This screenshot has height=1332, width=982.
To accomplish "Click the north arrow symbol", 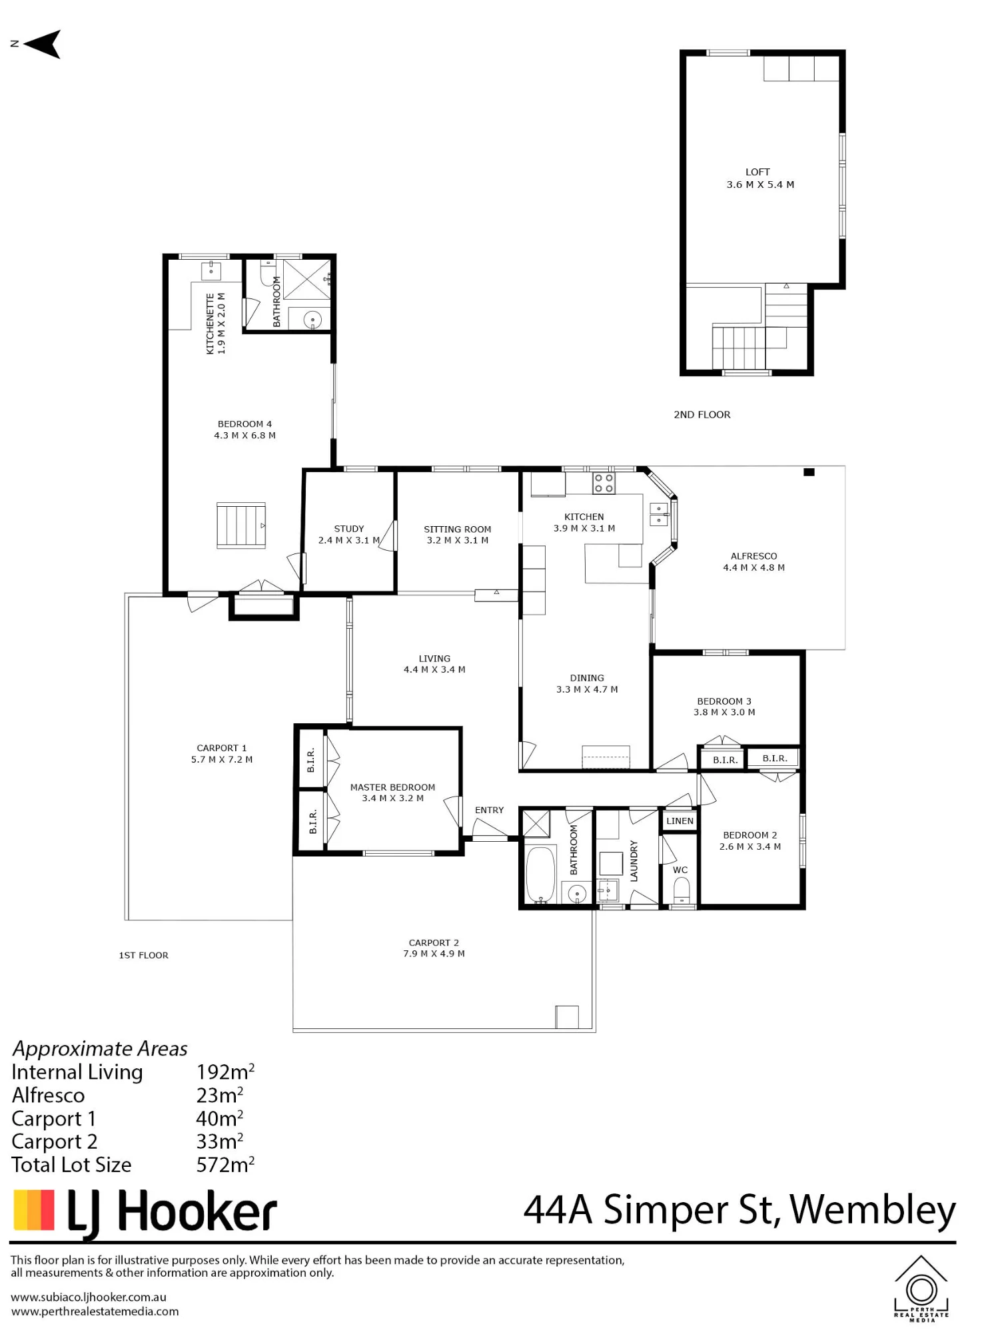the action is click(41, 44).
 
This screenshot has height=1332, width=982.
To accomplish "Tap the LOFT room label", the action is click(757, 172).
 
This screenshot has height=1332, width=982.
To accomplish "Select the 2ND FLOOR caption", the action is click(702, 414).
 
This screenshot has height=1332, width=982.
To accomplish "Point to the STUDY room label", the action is click(349, 529).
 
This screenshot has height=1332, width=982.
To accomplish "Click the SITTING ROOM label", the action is click(458, 529).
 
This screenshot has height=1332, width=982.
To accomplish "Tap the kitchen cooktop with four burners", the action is click(604, 483).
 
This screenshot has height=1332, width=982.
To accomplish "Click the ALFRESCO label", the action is click(754, 556).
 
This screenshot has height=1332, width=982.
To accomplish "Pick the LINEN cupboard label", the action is click(680, 821).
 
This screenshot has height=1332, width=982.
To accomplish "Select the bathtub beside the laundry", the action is click(541, 874).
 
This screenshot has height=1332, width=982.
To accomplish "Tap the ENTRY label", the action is click(490, 811).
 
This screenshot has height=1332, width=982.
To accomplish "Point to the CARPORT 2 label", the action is click(434, 943).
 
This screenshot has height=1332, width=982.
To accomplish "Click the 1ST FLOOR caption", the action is click(144, 955).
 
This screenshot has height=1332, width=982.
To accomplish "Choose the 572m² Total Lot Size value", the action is click(225, 1165).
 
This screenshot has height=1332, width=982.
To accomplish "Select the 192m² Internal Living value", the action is click(225, 1072).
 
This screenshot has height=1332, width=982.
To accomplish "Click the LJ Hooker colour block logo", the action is click(34, 1210).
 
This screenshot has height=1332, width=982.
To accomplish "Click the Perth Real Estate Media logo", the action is click(921, 1288).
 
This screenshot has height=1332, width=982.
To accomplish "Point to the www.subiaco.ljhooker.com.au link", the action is click(89, 1297).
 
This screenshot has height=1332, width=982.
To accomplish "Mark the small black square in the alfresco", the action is click(809, 472).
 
